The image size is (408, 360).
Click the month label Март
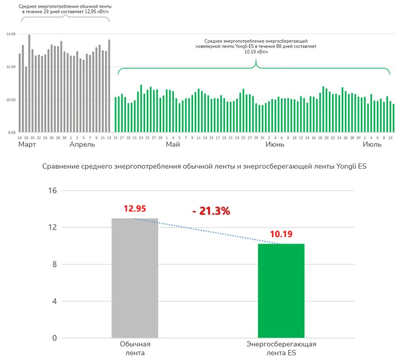pos(27,145)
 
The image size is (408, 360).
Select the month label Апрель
pos(82,145)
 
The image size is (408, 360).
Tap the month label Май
pos(173,145)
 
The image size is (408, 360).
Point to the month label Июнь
pos(275,145)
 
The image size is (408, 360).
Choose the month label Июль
pos(372,145)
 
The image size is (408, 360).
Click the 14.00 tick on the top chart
pos(11,34)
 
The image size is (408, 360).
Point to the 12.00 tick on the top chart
pos(11,67)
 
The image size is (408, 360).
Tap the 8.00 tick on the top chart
pos(11,132)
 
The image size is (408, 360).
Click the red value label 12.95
pos(135,209)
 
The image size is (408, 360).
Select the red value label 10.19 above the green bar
pos(281,234)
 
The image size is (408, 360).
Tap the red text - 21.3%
pos(211,211)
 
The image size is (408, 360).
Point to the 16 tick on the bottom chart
pos(52,190)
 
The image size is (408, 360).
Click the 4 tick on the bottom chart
pos(54,301)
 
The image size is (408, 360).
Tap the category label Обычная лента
pos(135,349)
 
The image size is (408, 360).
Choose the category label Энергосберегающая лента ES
pos(281,349)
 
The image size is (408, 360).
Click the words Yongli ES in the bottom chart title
pos(351,166)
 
